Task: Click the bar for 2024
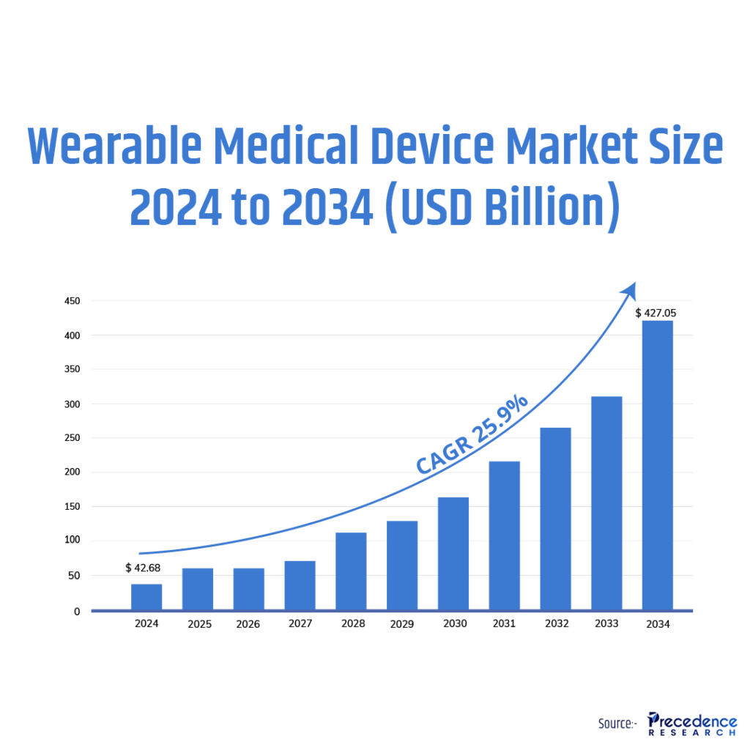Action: click(146, 597)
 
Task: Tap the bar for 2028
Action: click(351, 571)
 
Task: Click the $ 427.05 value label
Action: click(656, 313)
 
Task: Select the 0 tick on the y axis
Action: click(76, 611)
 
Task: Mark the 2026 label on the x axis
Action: click(249, 624)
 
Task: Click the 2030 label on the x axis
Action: click(453, 624)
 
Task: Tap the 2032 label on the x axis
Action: click(555, 624)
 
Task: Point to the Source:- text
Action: click(617, 723)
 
